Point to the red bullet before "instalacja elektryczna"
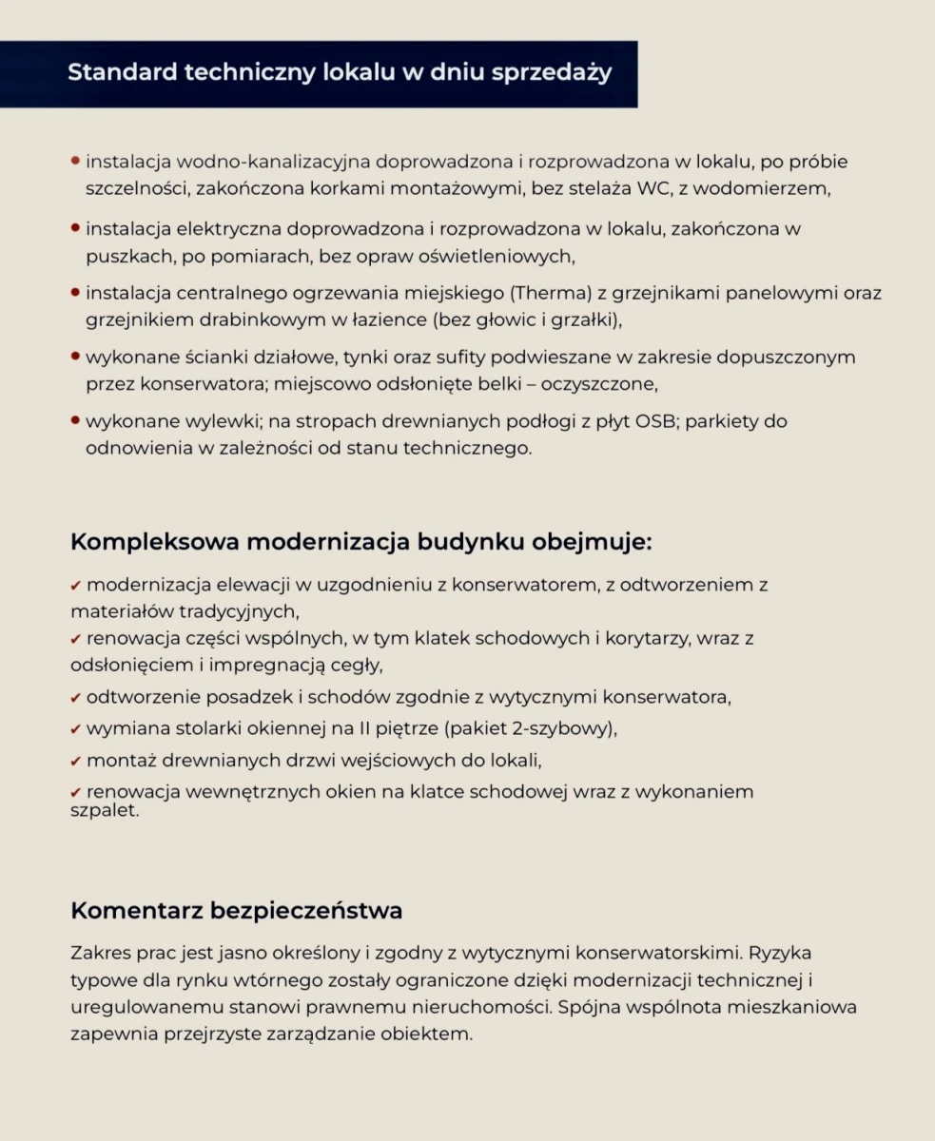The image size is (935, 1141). coord(75,229)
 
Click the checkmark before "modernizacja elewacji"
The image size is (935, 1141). coord(76,585)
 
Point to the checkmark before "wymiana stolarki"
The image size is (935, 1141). coord(76,729)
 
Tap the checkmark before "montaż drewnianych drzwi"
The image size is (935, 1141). coord(76,761)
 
